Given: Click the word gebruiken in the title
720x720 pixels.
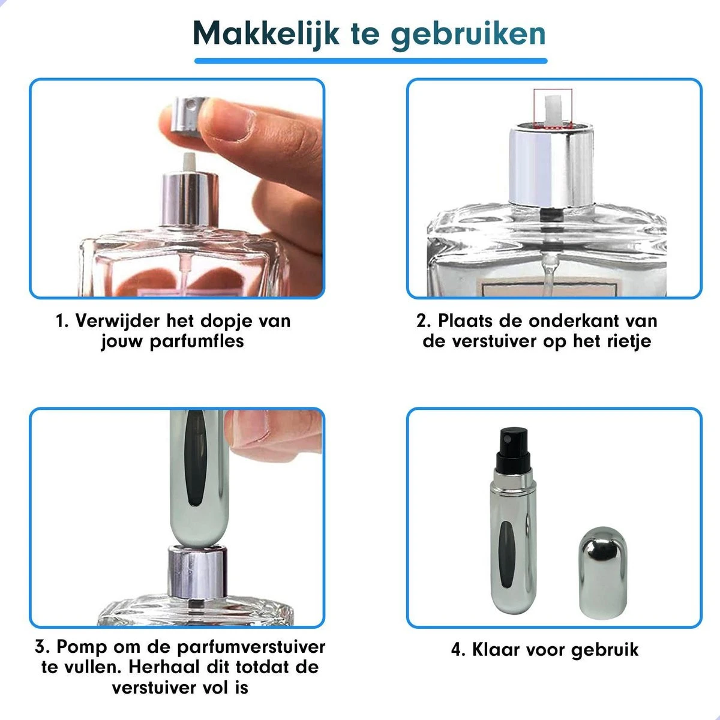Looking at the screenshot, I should [x=468, y=34].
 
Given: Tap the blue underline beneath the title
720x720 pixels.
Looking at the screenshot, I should [x=370, y=61].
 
